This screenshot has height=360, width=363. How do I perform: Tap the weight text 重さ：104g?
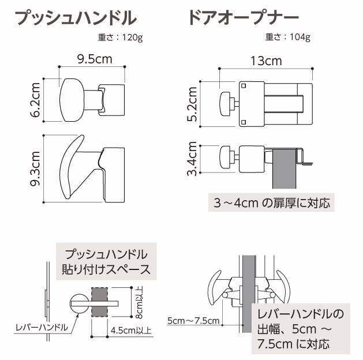(288, 38)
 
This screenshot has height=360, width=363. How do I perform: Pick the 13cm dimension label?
(266, 60)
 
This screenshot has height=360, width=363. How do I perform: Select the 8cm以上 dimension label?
(140, 303)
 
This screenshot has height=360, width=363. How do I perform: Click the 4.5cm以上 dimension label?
(130, 331)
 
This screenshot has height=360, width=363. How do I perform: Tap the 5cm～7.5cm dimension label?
(193, 321)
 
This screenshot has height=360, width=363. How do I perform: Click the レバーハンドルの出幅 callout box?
(301, 329)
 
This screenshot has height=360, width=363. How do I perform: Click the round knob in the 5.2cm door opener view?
(225, 103)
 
